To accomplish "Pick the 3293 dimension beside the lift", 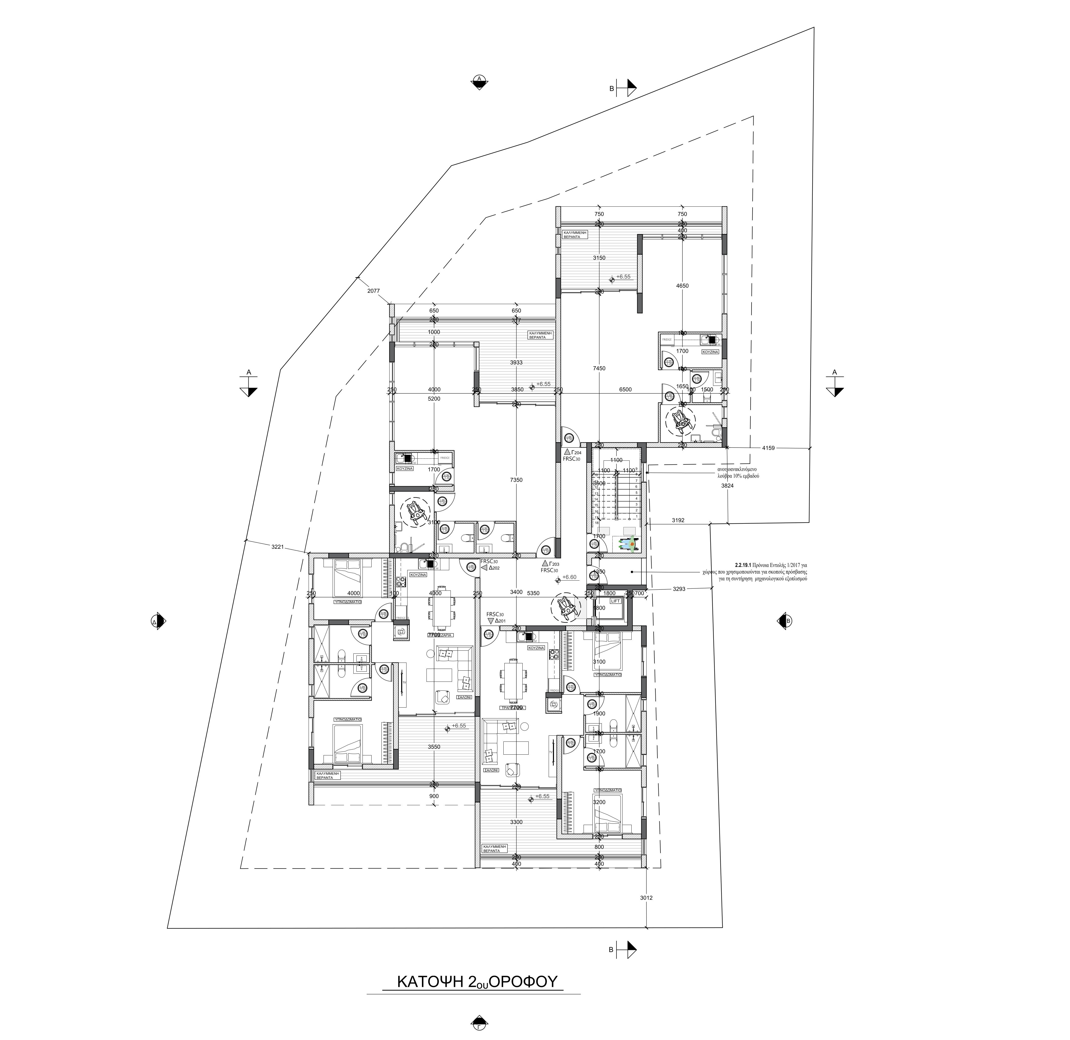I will point(679,589).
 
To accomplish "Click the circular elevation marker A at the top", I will point(479,81).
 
